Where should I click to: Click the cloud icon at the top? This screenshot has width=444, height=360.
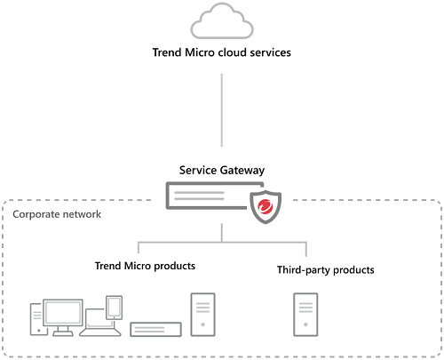pyautogui.click(x=221, y=21)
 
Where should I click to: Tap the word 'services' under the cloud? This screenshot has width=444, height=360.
pyautogui.click(x=269, y=52)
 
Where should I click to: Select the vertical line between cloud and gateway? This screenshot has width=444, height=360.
pyautogui.click(x=221, y=111)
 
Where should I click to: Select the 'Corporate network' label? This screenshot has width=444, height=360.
pyautogui.click(x=57, y=214)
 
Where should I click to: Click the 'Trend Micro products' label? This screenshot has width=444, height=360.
pyautogui.click(x=145, y=266)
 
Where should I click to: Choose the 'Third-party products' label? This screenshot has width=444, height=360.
pyautogui.click(x=325, y=269)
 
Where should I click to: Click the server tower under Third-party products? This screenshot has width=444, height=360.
pyautogui.click(x=307, y=316)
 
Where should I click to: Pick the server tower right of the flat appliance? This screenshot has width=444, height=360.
pyautogui.click(x=202, y=316)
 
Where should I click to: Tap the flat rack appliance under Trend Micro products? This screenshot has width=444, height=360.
pyautogui.click(x=156, y=329)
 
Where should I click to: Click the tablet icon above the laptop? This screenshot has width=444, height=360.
pyautogui.click(x=114, y=307)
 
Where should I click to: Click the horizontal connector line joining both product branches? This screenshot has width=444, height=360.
pyautogui.click(x=222, y=242)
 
